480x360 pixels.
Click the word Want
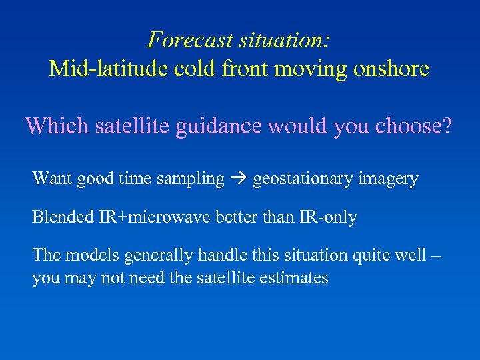[52, 179]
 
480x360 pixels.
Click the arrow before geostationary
[239, 179]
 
